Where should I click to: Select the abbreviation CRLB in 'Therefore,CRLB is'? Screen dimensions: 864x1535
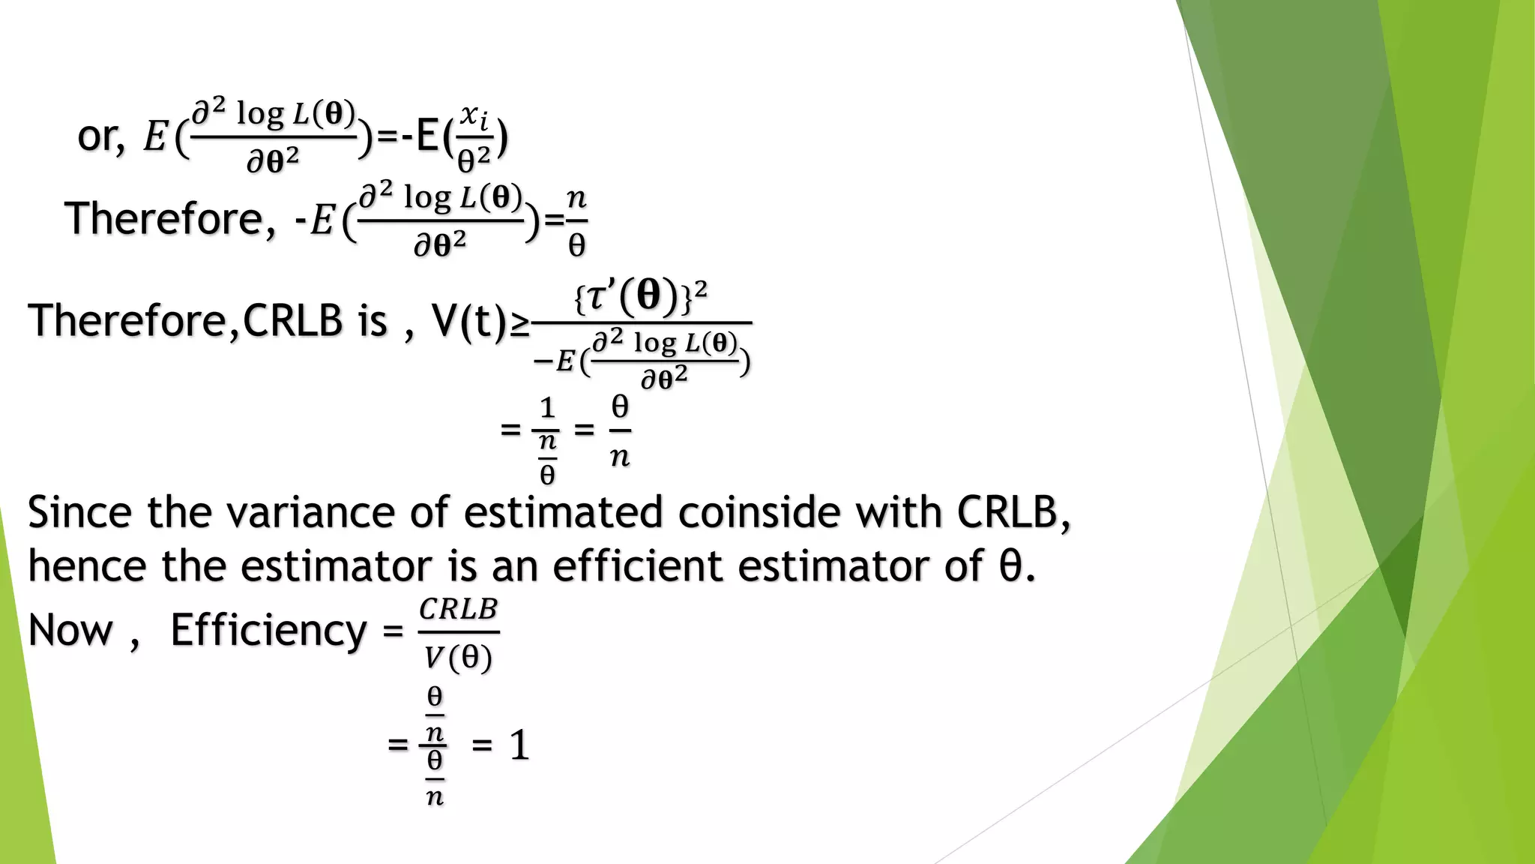[x=293, y=320]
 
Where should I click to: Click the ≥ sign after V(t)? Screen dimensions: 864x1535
[x=519, y=324]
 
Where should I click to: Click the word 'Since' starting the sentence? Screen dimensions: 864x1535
[x=79, y=513]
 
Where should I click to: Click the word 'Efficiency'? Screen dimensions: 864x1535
[x=268, y=630]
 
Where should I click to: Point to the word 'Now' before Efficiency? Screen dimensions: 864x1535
[x=70, y=630]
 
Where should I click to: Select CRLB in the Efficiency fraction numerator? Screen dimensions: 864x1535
[x=458, y=609]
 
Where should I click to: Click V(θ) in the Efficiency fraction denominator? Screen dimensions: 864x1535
[x=458, y=658]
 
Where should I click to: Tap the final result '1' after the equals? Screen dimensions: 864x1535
[x=519, y=746]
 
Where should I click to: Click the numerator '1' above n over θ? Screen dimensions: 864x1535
[x=547, y=408]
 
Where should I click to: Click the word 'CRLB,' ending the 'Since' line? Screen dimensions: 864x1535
[x=1013, y=513]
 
